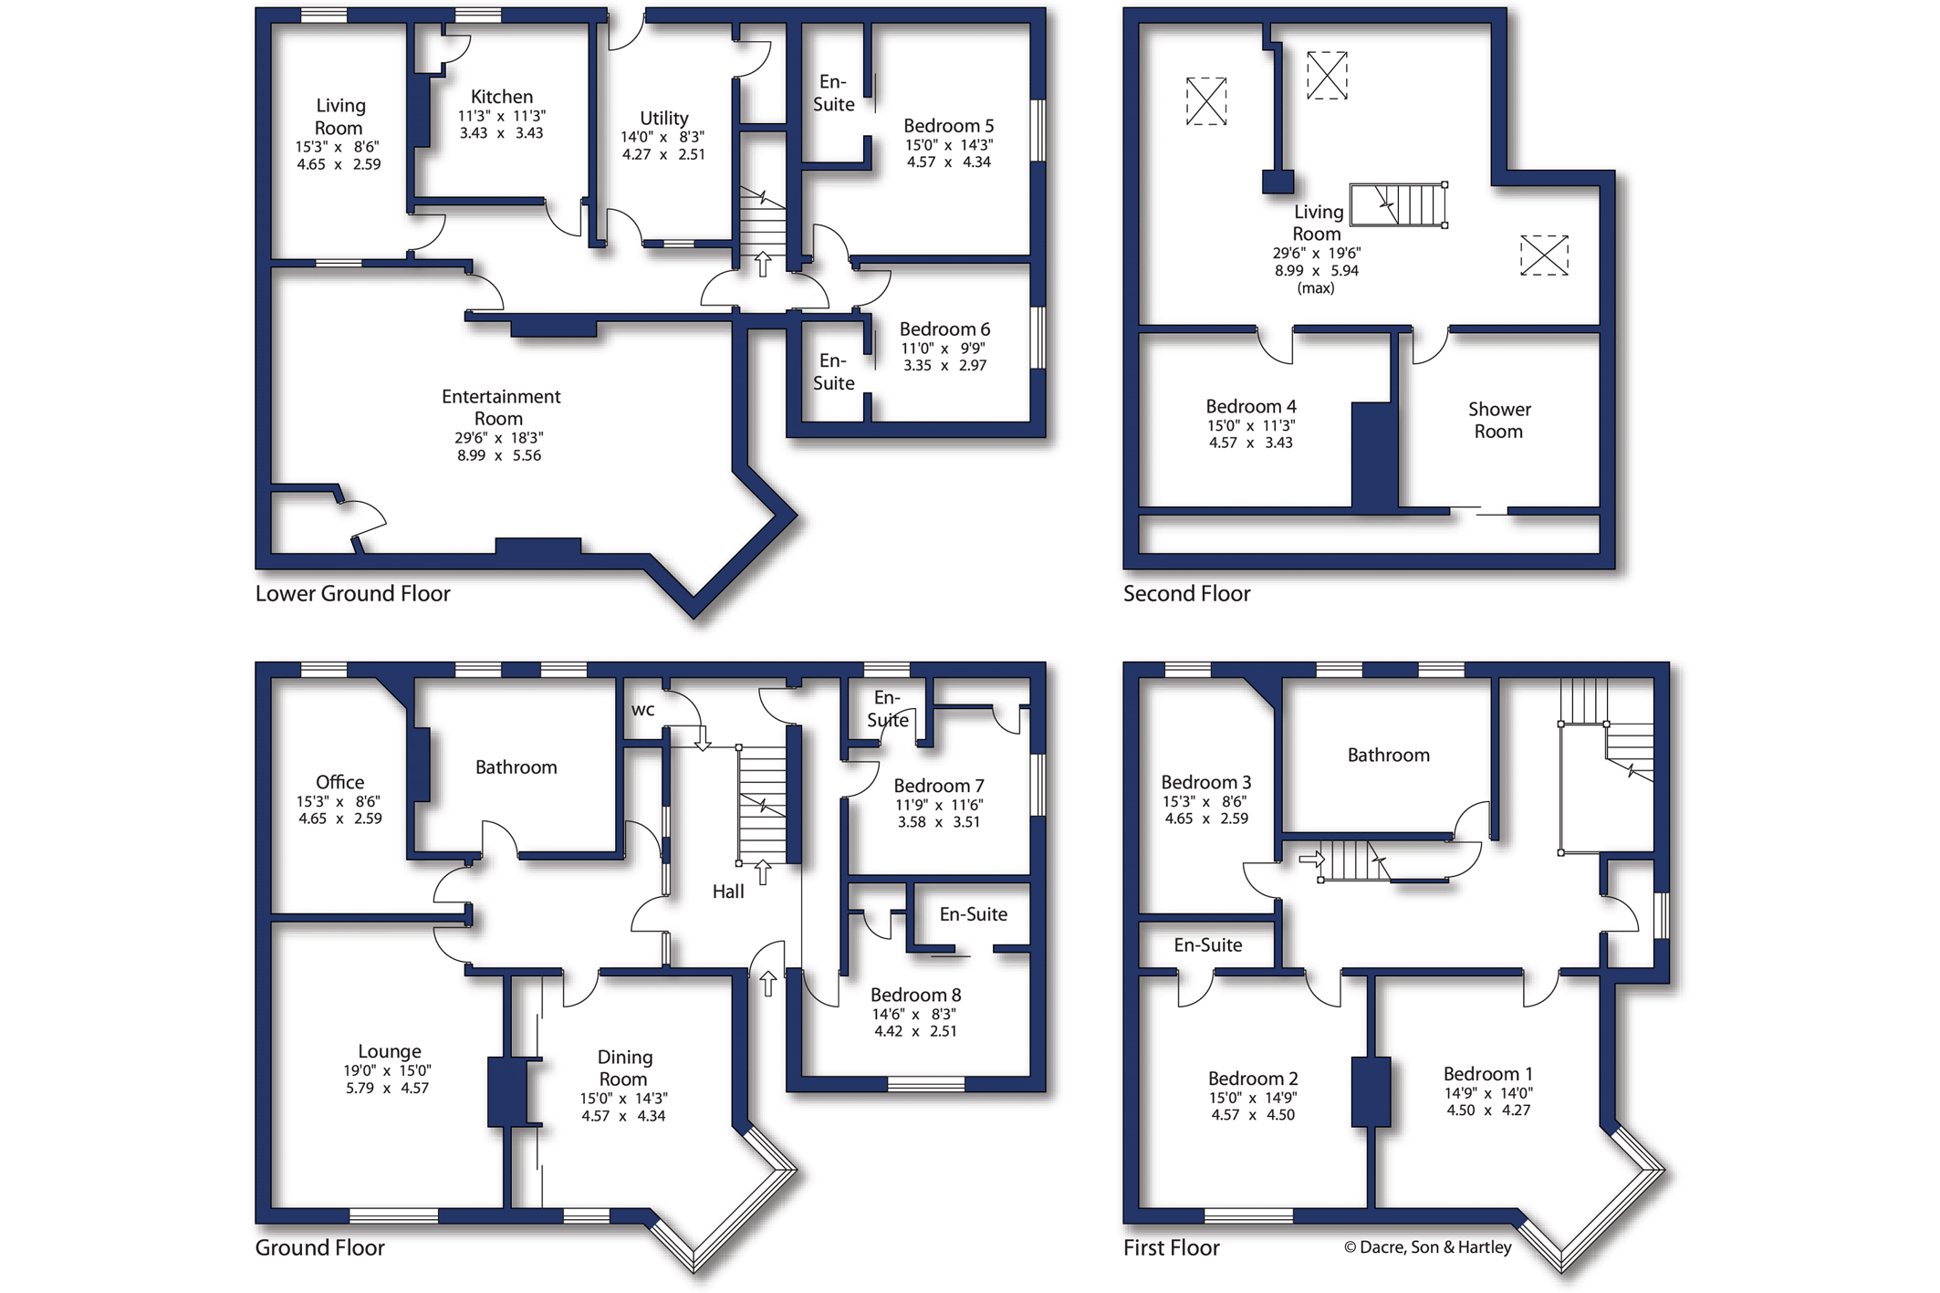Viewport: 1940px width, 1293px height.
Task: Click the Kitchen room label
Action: click(x=502, y=97)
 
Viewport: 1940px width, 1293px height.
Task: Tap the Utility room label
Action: click(x=663, y=118)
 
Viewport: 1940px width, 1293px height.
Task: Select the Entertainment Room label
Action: click(x=500, y=407)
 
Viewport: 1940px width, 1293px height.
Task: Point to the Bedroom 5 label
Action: click(x=948, y=126)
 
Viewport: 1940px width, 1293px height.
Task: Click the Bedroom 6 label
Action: click(x=944, y=329)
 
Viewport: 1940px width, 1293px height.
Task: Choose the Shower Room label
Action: click(x=1499, y=420)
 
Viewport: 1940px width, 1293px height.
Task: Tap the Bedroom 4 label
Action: click(x=1251, y=406)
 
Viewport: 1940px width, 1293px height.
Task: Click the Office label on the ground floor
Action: click(x=339, y=782)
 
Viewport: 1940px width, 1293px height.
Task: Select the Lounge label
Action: click(x=390, y=1051)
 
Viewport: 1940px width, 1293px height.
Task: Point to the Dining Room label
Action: click(x=624, y=1068)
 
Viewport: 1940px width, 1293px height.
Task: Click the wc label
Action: click(x=643, y=710)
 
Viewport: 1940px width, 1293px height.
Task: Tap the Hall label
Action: click(x=728, y=892)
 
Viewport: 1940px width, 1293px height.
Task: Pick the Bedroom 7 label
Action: click(x=939, y=786)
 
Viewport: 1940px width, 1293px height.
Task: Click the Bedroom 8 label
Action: click(x=915, y=995)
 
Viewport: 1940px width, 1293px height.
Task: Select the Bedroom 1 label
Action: click(x=1487, y=1074)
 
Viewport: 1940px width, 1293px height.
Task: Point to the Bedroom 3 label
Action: click(x=1205, y=782)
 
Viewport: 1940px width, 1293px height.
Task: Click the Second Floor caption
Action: click(x=1186, y=594)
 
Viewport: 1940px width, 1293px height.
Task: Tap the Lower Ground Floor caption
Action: click(x=352, y=594)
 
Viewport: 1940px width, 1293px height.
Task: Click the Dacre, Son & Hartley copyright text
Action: click(x=1427, y=1247)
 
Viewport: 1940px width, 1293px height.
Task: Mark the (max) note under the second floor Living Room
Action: click(x=1316, y=288)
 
